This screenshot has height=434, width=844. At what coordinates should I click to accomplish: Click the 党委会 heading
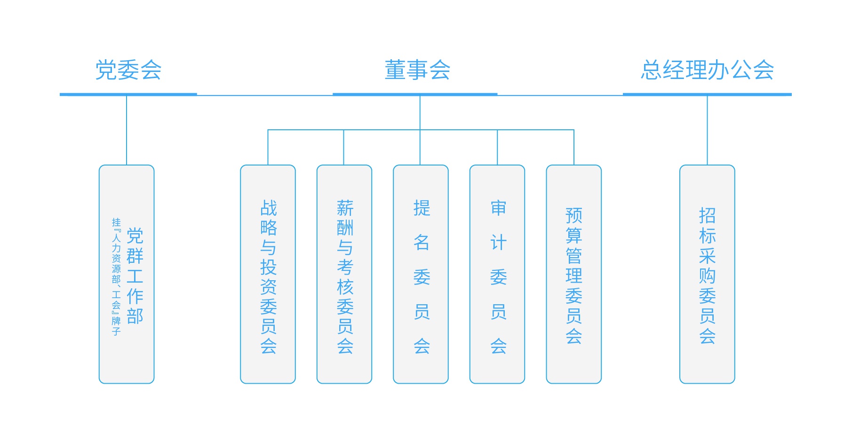click(x=128, y=70)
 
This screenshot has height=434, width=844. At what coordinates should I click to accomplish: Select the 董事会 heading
click(x=417, y=70)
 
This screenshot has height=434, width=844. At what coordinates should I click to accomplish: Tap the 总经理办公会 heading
click(x=707, y=70)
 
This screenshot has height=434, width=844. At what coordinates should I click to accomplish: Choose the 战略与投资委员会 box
click(x=268, y=274)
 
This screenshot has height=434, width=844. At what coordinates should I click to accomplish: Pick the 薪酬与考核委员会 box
click(x=344, y=274)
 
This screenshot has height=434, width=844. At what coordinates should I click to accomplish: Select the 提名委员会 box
click(x=421, y=274)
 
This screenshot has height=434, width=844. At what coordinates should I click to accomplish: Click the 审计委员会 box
click(x=497, y=274)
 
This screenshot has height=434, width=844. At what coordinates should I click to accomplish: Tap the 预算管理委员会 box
click(x=573, y=274)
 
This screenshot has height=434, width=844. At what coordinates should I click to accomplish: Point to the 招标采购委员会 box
click(x=707, y=274)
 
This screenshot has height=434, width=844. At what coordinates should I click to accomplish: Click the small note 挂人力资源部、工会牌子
click(x=116, y=276)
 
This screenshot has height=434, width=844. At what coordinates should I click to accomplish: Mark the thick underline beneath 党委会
click(x=128, y=95)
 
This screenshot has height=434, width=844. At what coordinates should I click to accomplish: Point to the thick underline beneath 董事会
click(x=415, y=95)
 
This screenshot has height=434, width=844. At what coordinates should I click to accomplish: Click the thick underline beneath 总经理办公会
click(x=707, y=95)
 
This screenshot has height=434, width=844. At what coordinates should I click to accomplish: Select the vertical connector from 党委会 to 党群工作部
click(x=127, y=130)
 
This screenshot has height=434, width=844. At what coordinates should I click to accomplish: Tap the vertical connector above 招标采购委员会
click(x=707, y=130)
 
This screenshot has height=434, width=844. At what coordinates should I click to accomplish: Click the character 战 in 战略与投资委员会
click(x=269, y=208)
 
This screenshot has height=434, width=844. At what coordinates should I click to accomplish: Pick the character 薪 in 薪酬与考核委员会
click(x=345, y=208)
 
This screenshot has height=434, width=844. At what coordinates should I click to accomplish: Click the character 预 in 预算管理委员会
click(x=574, y=215)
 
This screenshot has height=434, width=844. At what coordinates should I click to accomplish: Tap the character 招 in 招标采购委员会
click(x=707, y=215)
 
